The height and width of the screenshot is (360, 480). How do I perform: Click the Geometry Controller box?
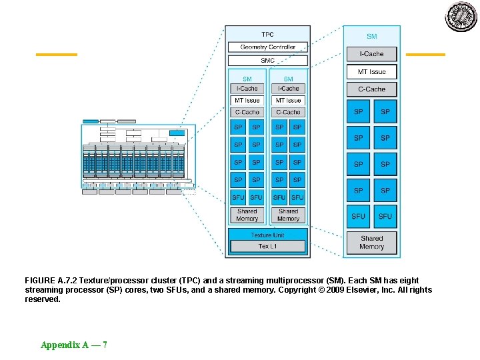pyautogui.click(x=267, y=47)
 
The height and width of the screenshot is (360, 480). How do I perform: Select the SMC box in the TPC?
pyautogui.click(x=267, y=61)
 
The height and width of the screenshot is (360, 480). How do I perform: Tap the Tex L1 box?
pyautogui.click(x=267, y=246)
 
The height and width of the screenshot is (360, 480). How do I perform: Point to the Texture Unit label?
pyautogui.click(x=267, y=235)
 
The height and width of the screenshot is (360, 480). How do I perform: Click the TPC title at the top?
pyautogui.click(x=267, y=34)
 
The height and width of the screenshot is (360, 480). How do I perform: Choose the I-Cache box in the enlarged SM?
pyautogui.click(x=371, y=54)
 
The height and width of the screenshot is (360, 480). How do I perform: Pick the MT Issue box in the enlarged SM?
pyautogui.click(x=371, y=71)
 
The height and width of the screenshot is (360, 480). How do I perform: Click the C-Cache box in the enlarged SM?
pyautogui.click(x=371, y=89)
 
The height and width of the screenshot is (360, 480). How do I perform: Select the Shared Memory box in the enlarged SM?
pyautogui.click(x=371, y=242)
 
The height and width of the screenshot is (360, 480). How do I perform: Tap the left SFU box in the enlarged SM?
pyautogui.click(x=359, y=216)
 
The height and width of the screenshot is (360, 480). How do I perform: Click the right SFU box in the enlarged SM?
pyautogui.click(x=385, y=216)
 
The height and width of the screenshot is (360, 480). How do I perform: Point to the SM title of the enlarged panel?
pyautogui.click(x=371, y=37)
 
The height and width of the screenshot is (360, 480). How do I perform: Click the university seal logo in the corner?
pyautogui.click(x=461, y=17)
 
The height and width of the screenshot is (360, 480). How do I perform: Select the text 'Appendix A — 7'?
pyautogui.click(x=74, y=345)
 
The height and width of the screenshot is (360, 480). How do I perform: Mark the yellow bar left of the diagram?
pyautogui.click(x=56, y=54)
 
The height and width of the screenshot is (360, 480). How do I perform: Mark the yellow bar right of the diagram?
pyautogui.click(x=425, y=54)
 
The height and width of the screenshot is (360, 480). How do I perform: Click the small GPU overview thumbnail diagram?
pyautogui.click(x=137, y=157)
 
